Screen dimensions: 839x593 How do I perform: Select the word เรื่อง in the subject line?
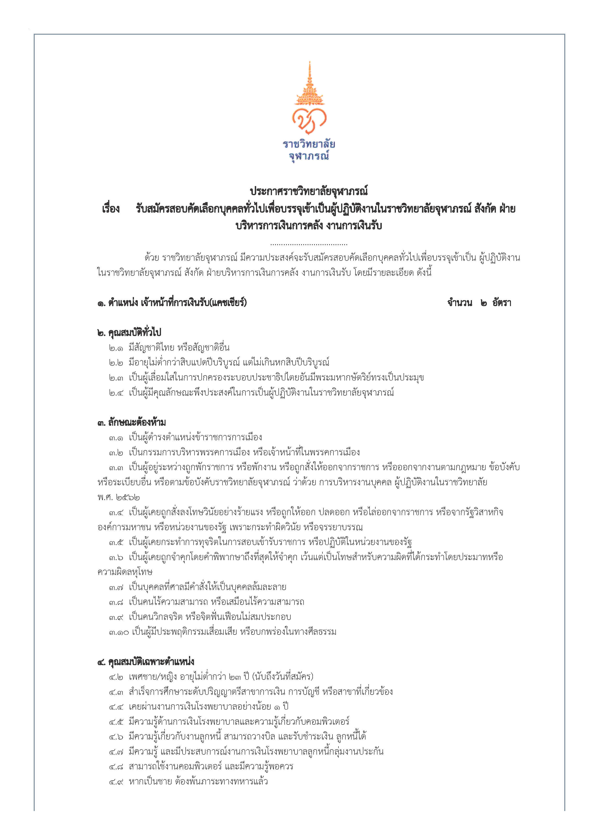(x=111, y=209)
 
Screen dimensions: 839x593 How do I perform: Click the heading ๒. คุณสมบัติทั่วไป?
(x=129, y=332)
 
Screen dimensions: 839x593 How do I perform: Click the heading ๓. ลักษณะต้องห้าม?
(x=132, y=423)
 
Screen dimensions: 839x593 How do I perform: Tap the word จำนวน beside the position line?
(x=460, y=303)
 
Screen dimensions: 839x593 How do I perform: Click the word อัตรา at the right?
(x=501, y=303)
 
